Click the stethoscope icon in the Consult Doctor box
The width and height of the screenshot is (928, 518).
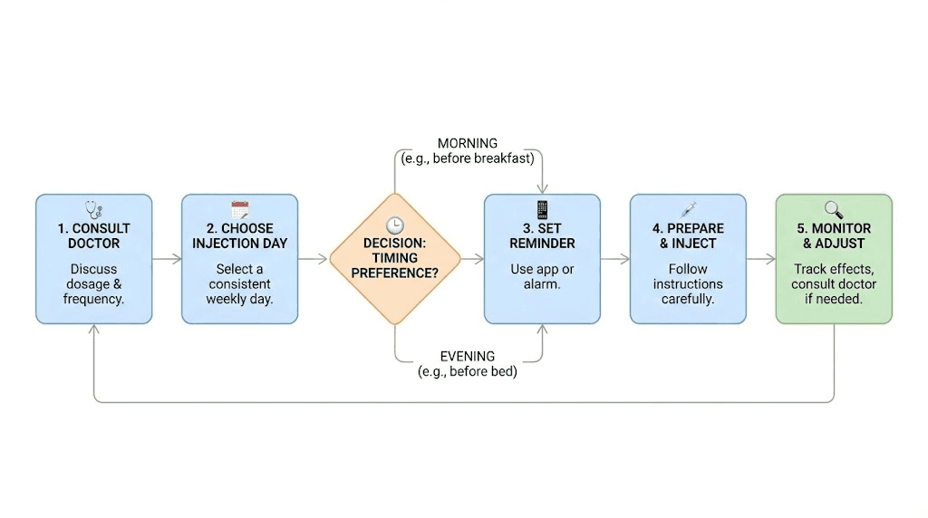point(93,209)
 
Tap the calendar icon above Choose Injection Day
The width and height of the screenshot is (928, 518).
point(239,209)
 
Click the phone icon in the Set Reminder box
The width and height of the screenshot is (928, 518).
point(542,209)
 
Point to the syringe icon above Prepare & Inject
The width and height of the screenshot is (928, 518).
point(688,209)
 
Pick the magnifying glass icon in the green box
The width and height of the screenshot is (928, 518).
point(834,209)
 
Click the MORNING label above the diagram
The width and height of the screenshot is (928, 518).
point(468,143)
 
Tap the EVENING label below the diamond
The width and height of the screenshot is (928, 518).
point(468,356)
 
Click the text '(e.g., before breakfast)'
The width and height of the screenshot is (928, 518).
point(468,158)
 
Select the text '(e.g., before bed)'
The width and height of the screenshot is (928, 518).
point(468,370)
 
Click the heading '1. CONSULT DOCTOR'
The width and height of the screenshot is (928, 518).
point(93,235)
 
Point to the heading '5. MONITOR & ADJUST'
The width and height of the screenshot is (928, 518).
point(834,235)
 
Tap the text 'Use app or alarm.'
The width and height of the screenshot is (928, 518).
point(542,276)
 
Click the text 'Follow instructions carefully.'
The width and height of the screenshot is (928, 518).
point(688,283)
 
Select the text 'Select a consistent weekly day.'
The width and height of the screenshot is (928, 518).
point(239,283)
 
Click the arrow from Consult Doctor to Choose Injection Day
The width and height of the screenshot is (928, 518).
point(167,259)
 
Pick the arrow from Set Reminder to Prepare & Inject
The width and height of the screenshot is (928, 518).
point(615,259)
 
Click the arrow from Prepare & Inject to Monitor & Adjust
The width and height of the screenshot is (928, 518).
point(761,259)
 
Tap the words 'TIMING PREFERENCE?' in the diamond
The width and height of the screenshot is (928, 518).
point(394,264)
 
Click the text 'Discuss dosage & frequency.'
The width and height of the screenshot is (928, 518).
point(93,283)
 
